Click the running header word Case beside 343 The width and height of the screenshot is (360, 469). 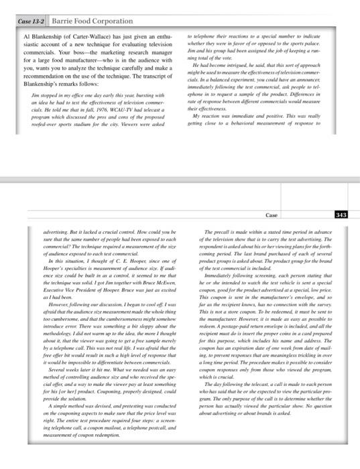tap(271, 214)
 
